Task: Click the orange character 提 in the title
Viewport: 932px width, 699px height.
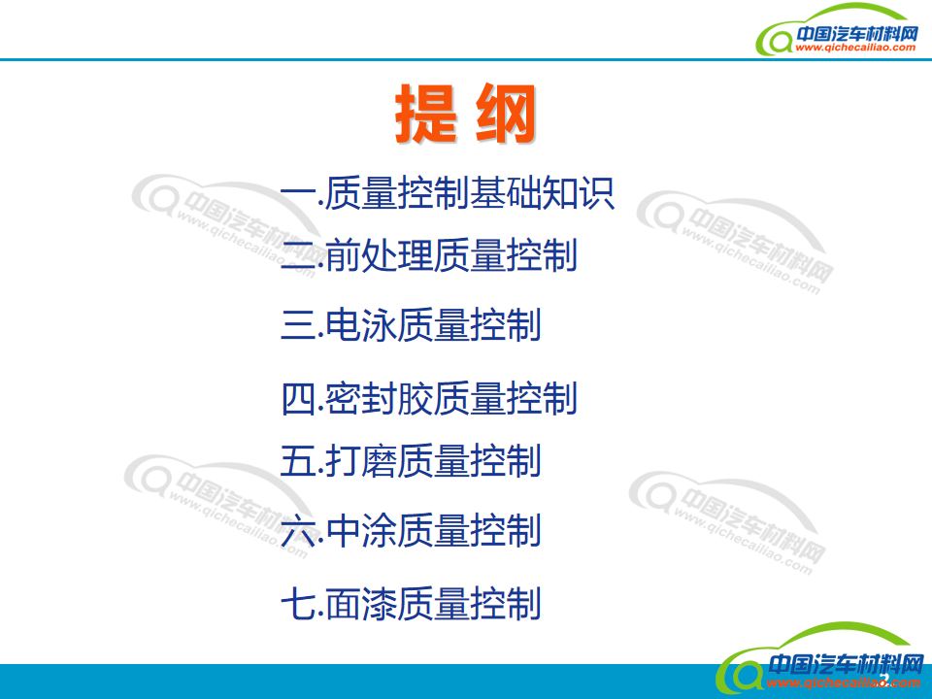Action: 425,113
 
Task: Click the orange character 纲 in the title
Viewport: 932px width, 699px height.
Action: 506,113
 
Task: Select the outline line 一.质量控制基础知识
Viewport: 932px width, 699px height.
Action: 447,192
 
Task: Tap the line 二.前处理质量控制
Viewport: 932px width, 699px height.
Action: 429,255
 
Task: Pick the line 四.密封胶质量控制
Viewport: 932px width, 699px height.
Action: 429,398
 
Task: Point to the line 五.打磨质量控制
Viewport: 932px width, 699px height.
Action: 411,460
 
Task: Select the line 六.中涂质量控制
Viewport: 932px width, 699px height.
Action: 411,530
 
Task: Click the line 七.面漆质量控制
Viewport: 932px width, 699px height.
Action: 411,603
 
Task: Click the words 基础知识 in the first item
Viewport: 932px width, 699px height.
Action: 542,192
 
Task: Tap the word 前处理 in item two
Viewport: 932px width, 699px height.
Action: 380,255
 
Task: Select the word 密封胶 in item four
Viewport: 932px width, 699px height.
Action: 380,398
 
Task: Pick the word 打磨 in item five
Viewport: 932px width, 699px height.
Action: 361,460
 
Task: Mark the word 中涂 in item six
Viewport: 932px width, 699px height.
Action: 361,530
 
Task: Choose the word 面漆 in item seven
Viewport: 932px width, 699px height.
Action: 361,603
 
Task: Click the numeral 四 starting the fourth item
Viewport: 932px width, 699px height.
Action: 298,398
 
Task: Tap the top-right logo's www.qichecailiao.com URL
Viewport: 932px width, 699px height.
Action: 855,48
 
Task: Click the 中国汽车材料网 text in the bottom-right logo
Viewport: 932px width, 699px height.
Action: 846,663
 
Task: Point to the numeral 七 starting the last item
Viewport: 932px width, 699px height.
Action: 298,604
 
